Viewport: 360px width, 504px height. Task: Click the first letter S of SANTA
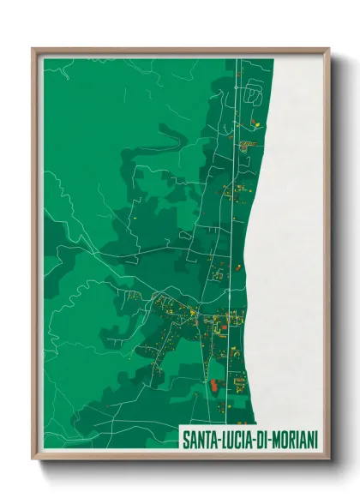(x=186, y=438)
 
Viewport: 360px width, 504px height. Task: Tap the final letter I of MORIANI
(x=317, y=438)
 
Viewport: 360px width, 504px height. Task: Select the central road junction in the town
(x=198, y=317)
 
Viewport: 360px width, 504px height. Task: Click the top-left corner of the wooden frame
(x=33, y=50)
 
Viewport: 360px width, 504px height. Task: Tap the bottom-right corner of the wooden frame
(x=328, y=459)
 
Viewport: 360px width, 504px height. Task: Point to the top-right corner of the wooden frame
(x=328, y=50)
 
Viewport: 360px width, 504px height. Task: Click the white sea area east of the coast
(x=296, y=214)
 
